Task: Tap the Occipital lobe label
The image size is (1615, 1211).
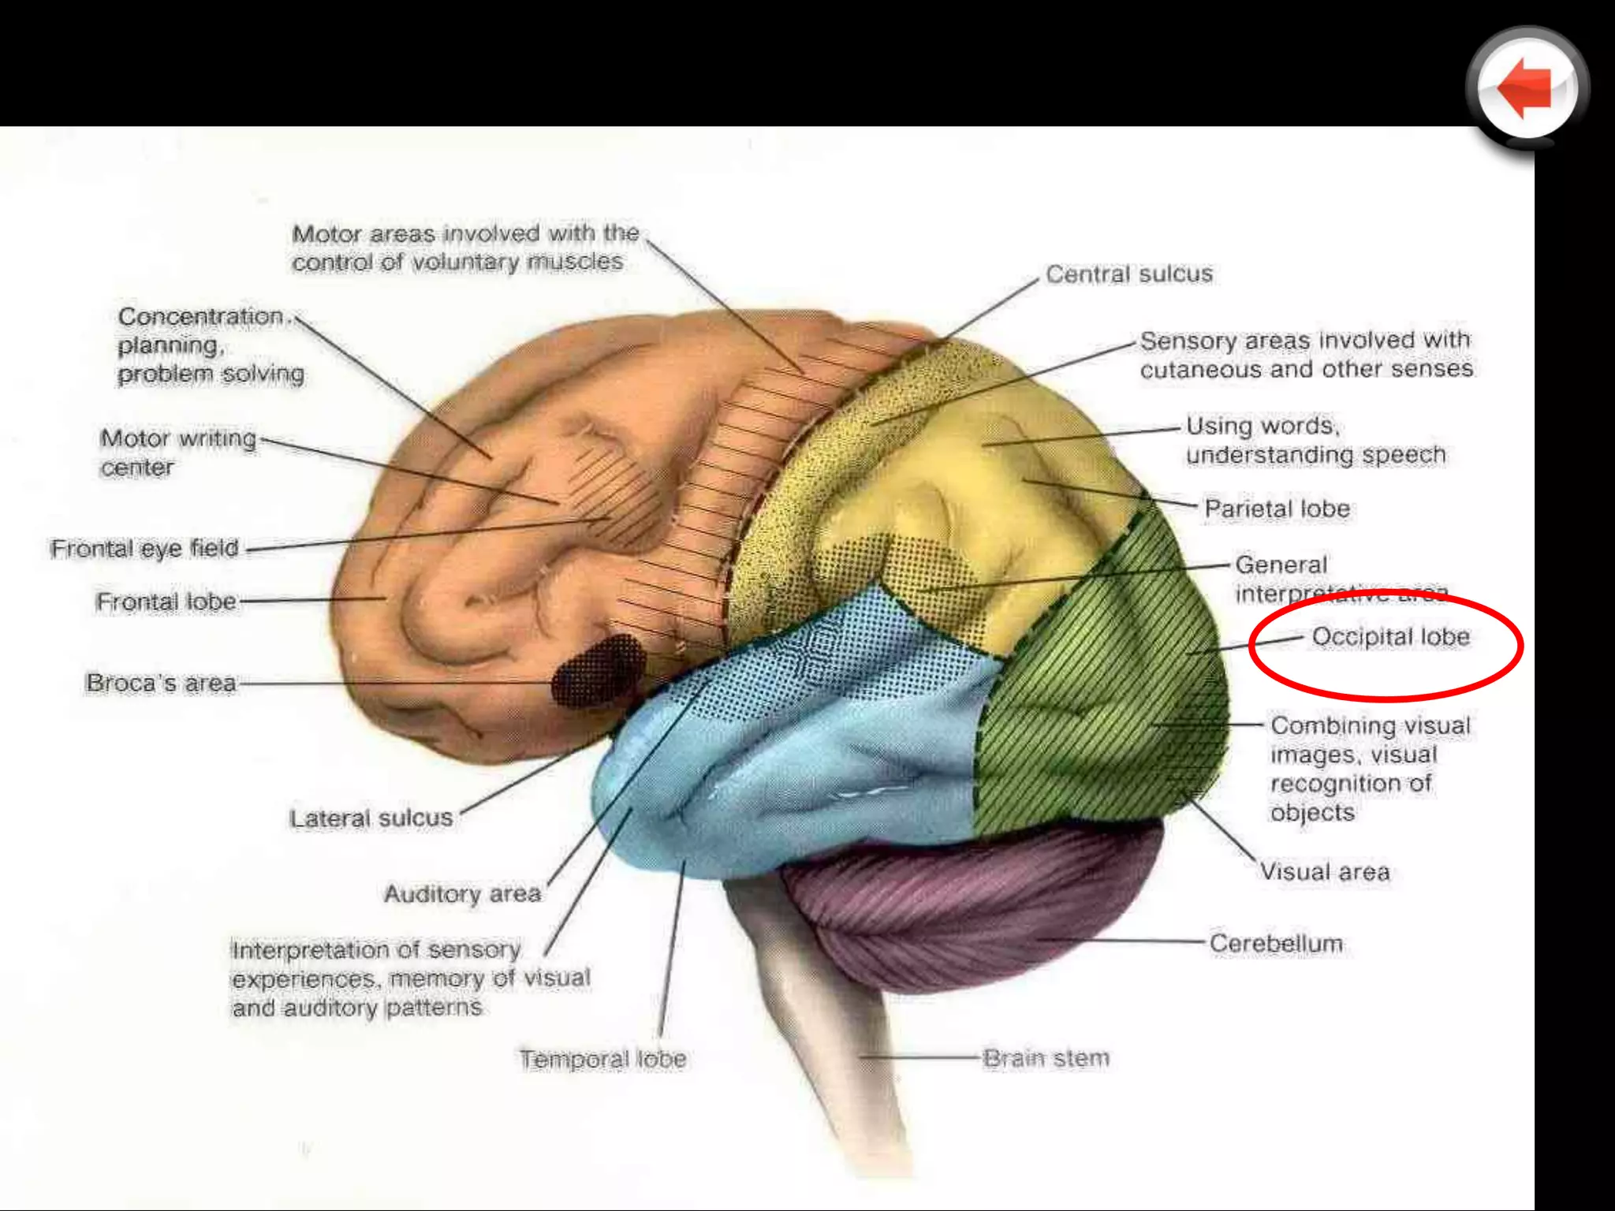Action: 1390,636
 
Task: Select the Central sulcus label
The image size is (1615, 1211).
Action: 1128,274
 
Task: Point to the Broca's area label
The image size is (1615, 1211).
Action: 161,683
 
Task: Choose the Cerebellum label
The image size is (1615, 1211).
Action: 1275,943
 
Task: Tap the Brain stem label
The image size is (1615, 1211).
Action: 1046,1058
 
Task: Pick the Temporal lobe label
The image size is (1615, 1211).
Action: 602,1059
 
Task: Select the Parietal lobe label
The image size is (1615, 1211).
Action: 1277,509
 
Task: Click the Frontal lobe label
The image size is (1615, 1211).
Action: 166,602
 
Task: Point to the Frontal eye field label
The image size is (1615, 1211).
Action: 144,548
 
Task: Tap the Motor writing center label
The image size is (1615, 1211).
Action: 177,453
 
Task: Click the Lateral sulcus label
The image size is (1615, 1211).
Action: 371,818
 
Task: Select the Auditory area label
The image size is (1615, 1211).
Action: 462,894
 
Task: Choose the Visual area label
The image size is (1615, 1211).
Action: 1324,872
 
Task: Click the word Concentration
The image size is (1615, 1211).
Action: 200,316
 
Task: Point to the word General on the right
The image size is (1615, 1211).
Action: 1281,565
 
